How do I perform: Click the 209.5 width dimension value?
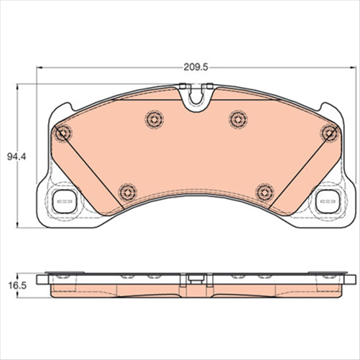coord(195,68)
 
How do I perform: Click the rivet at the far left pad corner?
coord(63,132)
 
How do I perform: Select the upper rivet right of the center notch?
coord(238,119)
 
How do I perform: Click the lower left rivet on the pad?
coord(127,191)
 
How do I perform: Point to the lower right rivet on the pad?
coord(264,191)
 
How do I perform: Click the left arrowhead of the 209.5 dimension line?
coord(38,69)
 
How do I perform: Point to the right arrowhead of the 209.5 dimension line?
coord(351,69)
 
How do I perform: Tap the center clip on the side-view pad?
coord(195,277)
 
